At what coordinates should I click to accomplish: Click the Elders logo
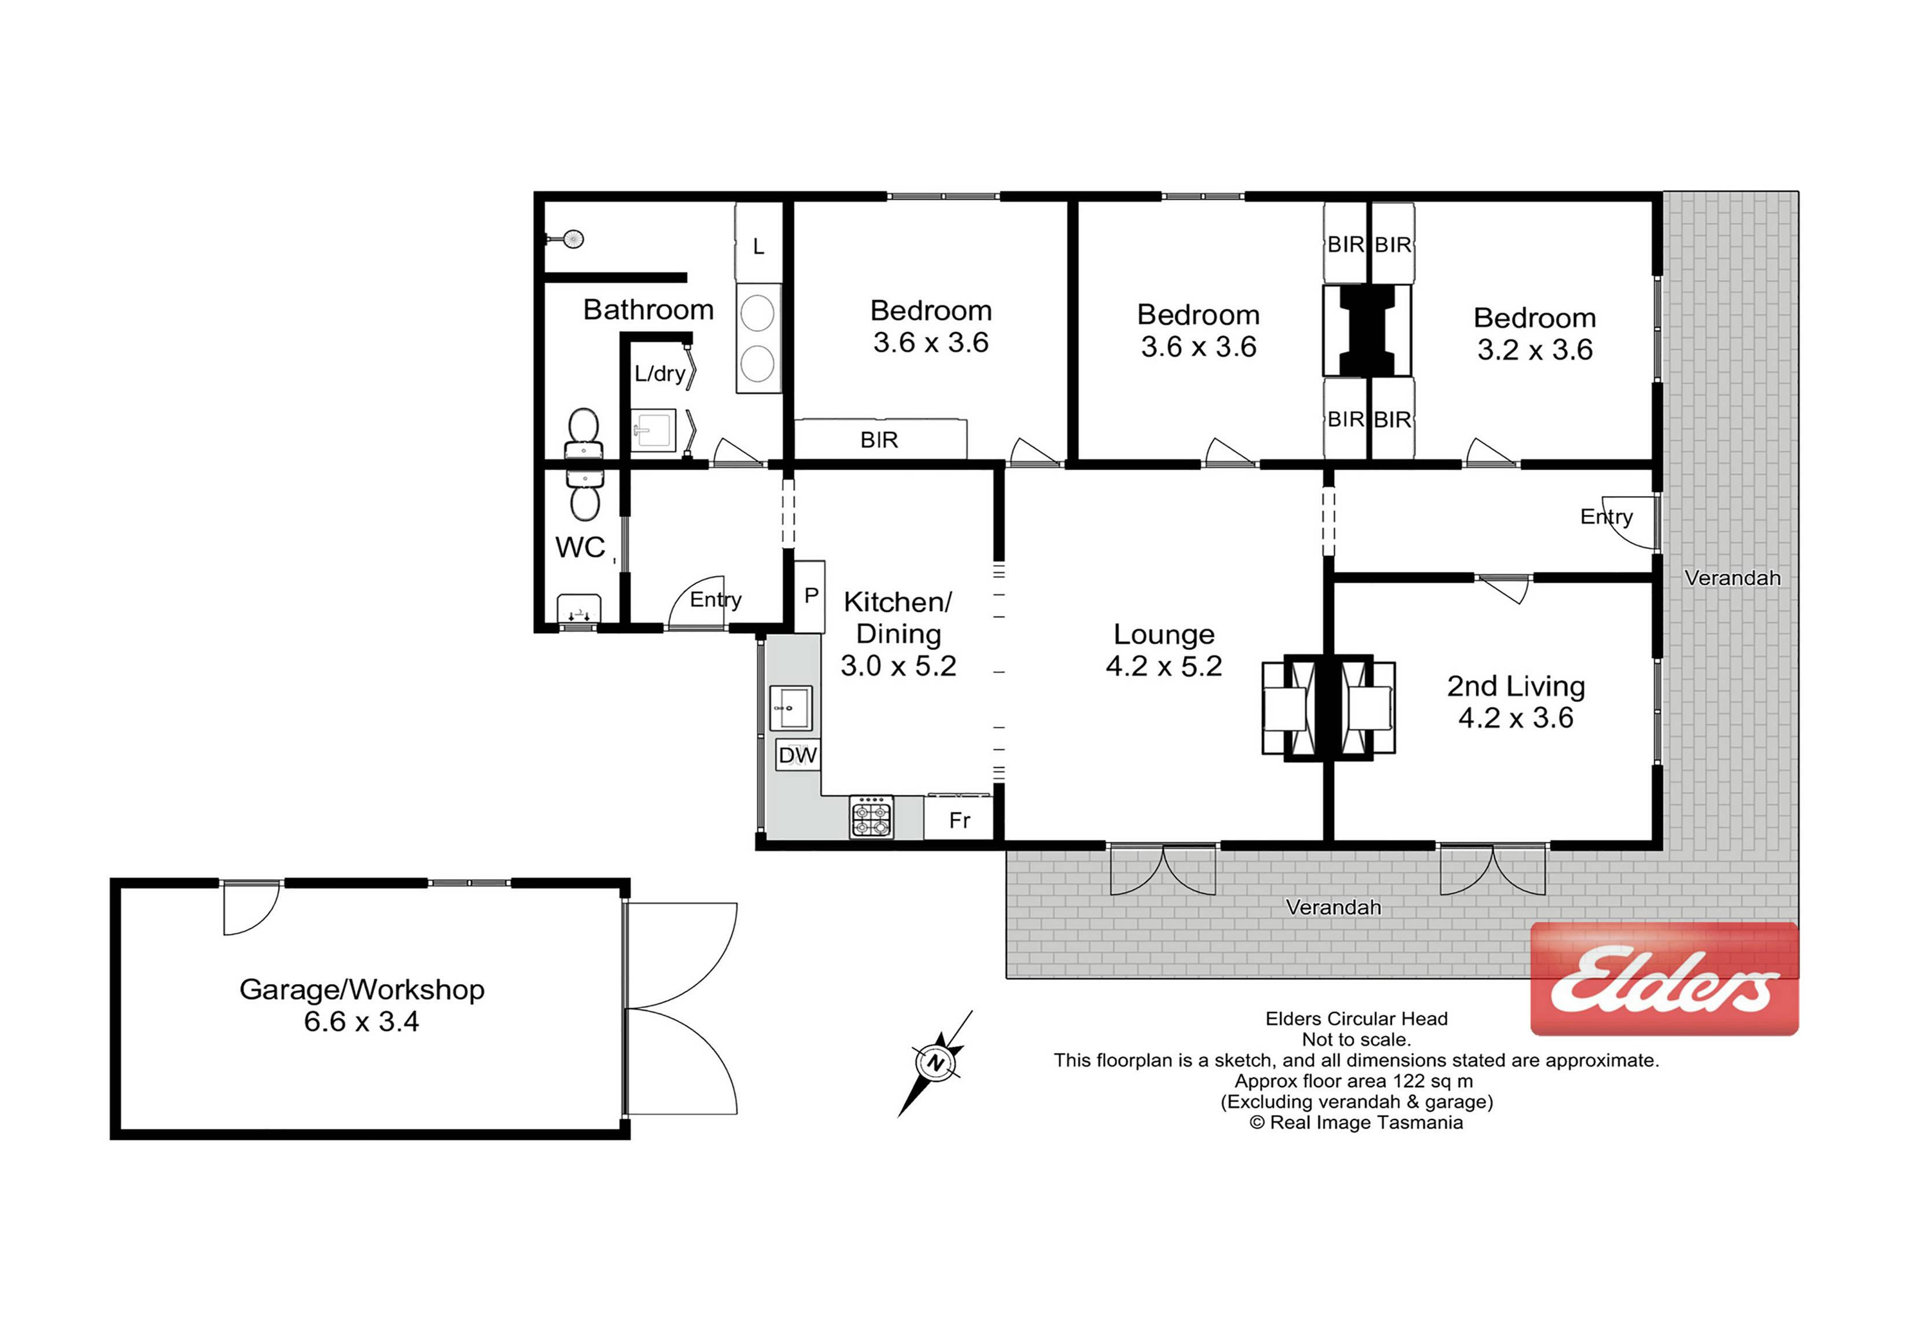coord(1664,979)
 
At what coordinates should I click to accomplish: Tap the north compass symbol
coord(935,1063)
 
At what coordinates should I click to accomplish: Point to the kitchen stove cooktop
coord(871,817)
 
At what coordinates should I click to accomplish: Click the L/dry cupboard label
coord(659,373)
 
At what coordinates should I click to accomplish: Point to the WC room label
coord(580,547)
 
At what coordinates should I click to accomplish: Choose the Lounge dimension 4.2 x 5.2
coord(1163,666)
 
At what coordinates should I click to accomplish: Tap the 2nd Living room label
coord(1516,686)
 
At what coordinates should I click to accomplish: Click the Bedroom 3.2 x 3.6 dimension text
coord(1535,350)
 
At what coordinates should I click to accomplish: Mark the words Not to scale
coord(1356,1039)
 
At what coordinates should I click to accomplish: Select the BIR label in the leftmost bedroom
coord(879,439)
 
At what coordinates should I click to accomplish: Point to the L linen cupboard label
coord(758,247)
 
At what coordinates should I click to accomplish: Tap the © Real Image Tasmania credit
coord(1356,1123)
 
